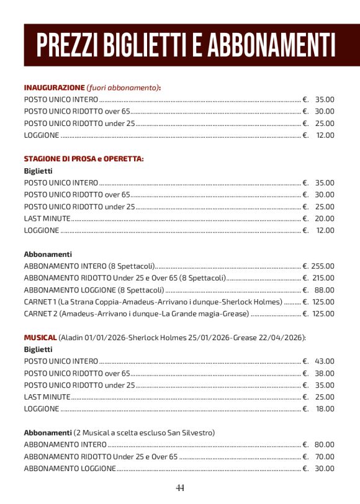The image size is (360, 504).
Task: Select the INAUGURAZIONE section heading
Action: pyautogui.click(x=54, y=88)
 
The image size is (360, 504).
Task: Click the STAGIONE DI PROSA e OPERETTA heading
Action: pyautogui.click(x=84, y=159)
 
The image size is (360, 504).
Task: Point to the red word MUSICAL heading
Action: pyautogui.click(x=40, y=337)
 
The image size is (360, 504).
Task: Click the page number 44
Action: pyautogui.click(x=180, y=487)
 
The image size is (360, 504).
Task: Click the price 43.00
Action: pyautogui.click(x=325, y=361)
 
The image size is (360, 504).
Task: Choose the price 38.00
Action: pyautogui.click(x=325, y=373)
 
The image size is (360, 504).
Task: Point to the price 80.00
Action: pyautogui.click(x=325, y=444)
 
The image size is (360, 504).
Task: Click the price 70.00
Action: pyautogui.click(x=325, y=456)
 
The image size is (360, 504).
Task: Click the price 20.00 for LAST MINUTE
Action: pyautogui.click(x=325, y=218)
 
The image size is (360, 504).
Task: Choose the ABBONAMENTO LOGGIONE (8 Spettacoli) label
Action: pyautogui.click(x=94, y=290)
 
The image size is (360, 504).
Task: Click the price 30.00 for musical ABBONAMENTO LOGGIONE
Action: pyautogui.click(x=325, y=468)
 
